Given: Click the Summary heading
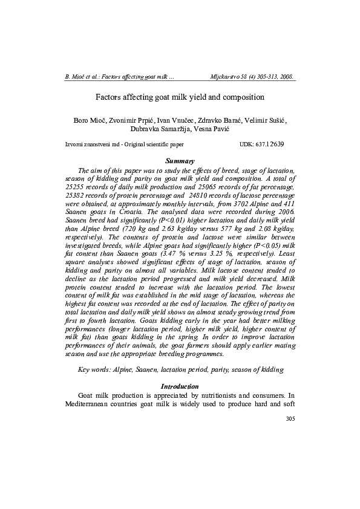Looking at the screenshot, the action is (180, 161).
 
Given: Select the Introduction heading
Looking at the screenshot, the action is (180, 386).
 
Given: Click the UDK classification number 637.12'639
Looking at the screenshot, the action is (271, 145).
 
